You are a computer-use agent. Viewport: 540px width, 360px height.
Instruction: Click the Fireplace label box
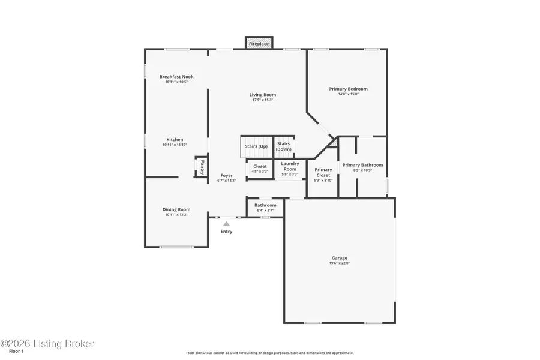tap(259, 44)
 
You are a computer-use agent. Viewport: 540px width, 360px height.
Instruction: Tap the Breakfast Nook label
tap(176, 77)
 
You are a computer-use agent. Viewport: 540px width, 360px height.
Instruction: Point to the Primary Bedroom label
tap(348, 89)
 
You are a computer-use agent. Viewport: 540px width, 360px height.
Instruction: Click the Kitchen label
tap(175, 140)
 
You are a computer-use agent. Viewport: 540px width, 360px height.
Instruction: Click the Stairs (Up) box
tap(256, 146)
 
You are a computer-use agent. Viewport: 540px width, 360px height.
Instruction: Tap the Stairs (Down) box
tap(283, 146)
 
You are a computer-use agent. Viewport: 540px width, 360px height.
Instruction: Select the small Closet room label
tap(260, 166)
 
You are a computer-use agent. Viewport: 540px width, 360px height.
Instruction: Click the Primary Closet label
tap(323, 172)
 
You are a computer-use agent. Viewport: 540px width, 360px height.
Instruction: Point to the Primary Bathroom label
tap(362, 165)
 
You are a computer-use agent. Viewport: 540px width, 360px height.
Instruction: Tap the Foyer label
tap(226, 176)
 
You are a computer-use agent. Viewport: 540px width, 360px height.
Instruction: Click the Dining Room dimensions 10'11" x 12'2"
tap(176, 215)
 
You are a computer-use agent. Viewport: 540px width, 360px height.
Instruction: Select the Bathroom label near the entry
tap(265, 205)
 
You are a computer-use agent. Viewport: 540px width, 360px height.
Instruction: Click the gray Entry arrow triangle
tap(226, 223)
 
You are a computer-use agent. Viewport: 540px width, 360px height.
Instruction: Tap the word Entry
tap(226, 232)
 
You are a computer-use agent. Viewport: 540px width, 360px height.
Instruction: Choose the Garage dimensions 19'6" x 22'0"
tap(339, 263)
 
